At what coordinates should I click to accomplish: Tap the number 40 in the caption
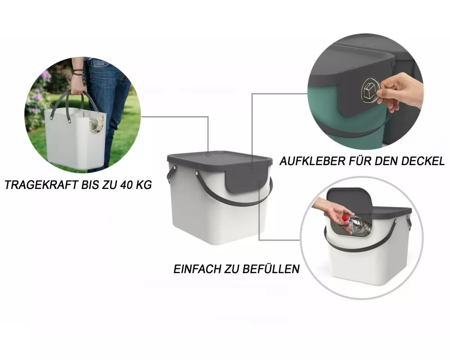126,185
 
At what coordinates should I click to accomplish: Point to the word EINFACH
198,269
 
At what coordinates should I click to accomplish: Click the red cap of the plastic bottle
346,218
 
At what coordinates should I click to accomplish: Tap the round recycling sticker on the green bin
370,90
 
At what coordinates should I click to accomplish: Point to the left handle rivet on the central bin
197,173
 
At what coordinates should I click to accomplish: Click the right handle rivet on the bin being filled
396,222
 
